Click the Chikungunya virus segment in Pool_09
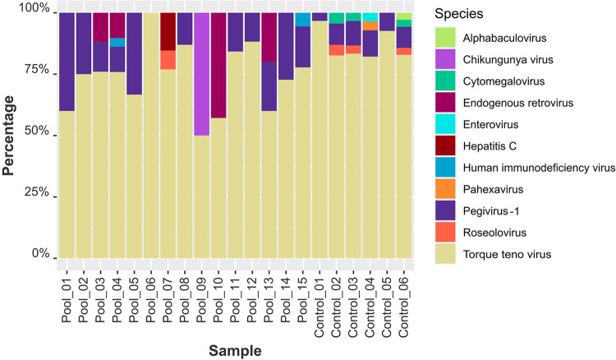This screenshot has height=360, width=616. [201, 74]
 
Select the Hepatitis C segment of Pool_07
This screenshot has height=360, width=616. [168, 31]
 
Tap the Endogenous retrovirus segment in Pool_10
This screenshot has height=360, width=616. [218, 65]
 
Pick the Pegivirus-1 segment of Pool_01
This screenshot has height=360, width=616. [67, 62]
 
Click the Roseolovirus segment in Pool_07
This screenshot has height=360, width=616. [168, 60]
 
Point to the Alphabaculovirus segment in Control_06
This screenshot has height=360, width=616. [404, 16]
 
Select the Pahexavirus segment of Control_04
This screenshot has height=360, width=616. [370, 26]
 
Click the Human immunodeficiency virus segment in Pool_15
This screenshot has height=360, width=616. [303, 19]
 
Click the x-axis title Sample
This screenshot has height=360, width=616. [235, 350]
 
